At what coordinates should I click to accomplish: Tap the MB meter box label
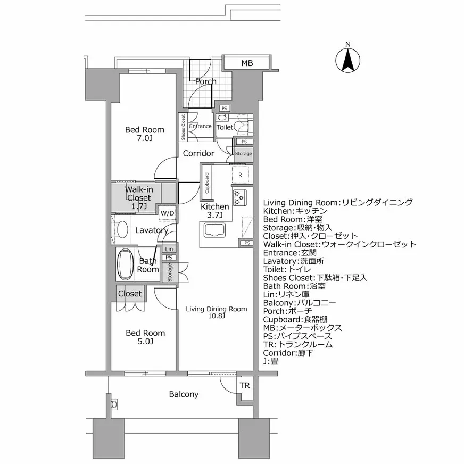tap(246, 63)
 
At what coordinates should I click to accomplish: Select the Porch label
tap(205, 81)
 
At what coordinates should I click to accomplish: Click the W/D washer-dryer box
tap(167, 213)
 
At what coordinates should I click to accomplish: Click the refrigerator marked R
tap(241, 175)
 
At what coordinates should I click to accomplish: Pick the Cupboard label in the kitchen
tap(206, 183)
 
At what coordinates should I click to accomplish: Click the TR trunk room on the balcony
tap(244, 386)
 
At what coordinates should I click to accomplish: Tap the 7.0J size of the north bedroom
tap(145, 138)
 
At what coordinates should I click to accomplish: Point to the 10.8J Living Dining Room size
tap(216, 316)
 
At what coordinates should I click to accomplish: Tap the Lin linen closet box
tap(169, 249)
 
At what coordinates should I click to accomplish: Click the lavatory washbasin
tap(122, 230)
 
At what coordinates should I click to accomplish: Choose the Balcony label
tap(184, 394)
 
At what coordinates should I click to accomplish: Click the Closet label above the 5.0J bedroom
tap(130, 293)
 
